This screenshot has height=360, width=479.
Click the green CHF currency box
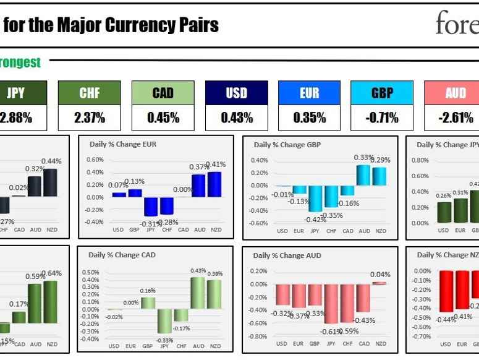[90, 93]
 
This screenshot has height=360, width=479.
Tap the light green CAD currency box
[163, 93]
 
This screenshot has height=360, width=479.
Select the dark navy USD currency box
[236, 93]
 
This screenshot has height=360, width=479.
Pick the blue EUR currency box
[309, 93]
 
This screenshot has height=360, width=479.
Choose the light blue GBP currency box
[382, 93]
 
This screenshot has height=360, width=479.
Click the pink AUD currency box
[456, 93]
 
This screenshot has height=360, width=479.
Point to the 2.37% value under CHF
[90, 118]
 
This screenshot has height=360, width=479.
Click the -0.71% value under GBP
[382, 118]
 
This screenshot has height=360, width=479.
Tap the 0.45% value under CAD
[163, 118]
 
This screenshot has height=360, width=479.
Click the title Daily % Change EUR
[123, 144]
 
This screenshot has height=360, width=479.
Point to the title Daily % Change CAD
[122, 255]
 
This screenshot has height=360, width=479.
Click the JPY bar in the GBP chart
[315, 198]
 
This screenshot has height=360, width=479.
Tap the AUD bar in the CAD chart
[198, 293]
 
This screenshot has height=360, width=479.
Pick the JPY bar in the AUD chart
[332, 304]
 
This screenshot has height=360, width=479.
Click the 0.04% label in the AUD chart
[381, 275]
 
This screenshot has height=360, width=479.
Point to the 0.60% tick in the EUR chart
[95, 160]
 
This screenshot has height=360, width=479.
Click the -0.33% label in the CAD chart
[164, 340]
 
